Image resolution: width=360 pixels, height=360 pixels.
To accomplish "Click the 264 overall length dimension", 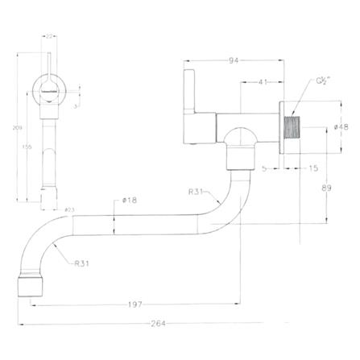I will point(158,324).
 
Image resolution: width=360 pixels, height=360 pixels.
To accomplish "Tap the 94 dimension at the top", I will point(234,59).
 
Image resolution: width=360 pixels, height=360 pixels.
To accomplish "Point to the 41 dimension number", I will point(263,81).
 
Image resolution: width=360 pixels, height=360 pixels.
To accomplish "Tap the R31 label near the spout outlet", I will point(81,263).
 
